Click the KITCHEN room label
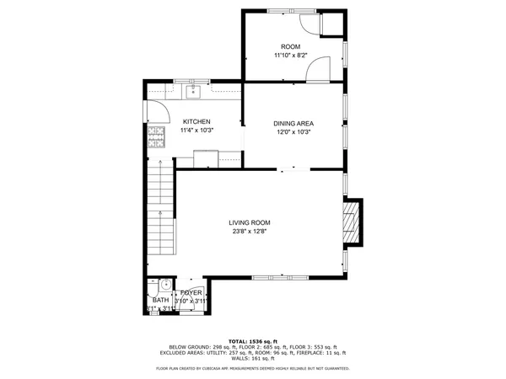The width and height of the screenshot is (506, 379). pyautogui.click(x=195, y=121)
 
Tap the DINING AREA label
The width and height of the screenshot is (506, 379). pyautogui.click(x=293, y=124)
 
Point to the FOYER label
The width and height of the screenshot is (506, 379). pyautogui.click(x=190, y=292)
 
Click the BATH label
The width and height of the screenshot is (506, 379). pyautogui.click(x=159, y=300)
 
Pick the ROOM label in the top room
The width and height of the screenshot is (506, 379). pyautogui.click(x=290, y=46)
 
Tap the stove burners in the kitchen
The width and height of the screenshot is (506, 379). pyautogui.click(x=156, y=137)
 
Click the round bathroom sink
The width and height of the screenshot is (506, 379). pyautogui.click(x=165, y=285)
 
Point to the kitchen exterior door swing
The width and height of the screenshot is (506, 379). pyautogui.click(x=154, y=109)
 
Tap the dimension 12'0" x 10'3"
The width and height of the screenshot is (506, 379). pyautogui.click(x=293, y=133)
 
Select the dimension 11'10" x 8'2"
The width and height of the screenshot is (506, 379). pyautogui.click(x=290, y=56)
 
